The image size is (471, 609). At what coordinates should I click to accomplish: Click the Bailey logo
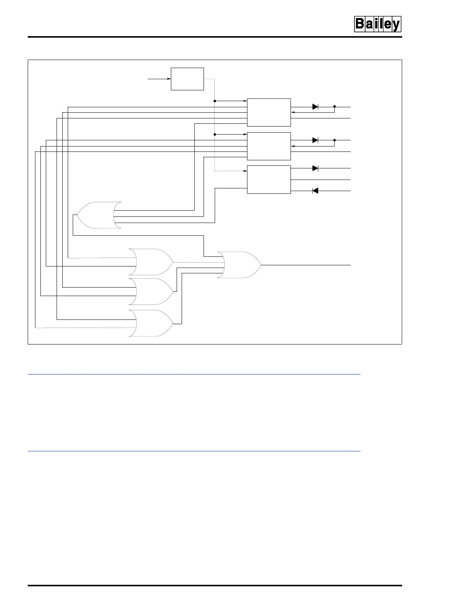point(377,25)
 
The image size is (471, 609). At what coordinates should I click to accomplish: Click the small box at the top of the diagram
point(187,79)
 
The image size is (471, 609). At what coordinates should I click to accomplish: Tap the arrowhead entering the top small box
point(169,79)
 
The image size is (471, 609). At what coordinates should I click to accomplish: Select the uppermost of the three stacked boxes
point(269,112)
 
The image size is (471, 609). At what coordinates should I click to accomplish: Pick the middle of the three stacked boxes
point(269,146)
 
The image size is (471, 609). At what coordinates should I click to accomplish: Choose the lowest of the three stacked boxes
point(269,180)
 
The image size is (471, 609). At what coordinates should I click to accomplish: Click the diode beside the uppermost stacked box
point(315,106)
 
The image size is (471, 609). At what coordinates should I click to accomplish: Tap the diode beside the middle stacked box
point(315,140)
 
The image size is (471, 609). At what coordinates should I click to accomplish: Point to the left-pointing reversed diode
point(315,191)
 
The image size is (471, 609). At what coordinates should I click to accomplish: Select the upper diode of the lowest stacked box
point(315,168)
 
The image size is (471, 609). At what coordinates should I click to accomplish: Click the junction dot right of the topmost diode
point(334,106)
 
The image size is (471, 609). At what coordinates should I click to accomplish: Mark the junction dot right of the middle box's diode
point(334,140)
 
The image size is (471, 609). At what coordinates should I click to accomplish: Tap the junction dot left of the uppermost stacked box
point(214,101)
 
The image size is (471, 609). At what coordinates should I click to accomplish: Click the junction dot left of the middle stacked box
point(214,135)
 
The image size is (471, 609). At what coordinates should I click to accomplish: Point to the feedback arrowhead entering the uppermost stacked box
point(293,113)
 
